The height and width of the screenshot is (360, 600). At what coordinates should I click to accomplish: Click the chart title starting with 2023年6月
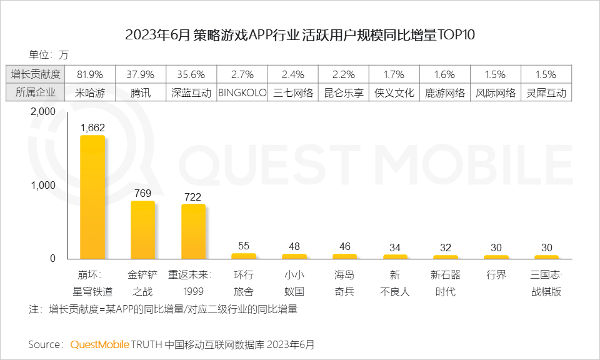coord(300,34)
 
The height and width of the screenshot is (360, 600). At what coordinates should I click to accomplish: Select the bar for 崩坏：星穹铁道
coord(92,197)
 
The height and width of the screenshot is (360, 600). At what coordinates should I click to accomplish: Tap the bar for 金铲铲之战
coord(142,229)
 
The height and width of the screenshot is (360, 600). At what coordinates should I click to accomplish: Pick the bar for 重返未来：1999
coord(193,231)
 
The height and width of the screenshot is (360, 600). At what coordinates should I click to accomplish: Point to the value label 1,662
coord(92,127)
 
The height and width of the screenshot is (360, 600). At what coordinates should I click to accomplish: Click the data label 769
coord(142,193)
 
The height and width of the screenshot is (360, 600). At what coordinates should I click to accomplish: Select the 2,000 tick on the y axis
coord(43,111)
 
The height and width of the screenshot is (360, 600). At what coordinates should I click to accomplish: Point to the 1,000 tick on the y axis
coord(43,185)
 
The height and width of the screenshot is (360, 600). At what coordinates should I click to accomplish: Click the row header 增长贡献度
coord(36,74)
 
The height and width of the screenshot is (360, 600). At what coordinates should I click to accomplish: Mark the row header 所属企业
coord(36,92)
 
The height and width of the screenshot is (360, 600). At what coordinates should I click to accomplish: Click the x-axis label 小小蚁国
coord(294,283)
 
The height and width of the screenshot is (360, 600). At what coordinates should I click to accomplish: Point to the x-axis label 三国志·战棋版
coord(546,283)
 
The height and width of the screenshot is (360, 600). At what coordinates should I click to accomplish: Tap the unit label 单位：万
coord(49,53)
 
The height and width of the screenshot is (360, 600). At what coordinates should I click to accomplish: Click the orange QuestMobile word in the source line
coord(99,344)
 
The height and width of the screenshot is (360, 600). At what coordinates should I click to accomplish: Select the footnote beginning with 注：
coord(162,309)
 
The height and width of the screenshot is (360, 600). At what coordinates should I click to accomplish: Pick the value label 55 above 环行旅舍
coord(243,246)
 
